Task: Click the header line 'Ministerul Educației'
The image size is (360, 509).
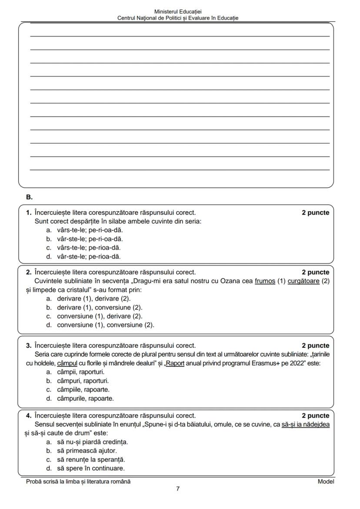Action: (178, 12)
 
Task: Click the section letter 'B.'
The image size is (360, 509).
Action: (29, 197)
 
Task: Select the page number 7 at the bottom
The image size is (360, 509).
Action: (178, 489)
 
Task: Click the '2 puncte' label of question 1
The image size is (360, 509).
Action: (315, 213)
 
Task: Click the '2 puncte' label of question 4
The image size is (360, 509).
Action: (315, 416)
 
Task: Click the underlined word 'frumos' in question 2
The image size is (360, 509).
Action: (265, 281)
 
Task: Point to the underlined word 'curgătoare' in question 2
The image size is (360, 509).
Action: (303, 281)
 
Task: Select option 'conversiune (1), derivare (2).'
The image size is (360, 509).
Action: (100, 316)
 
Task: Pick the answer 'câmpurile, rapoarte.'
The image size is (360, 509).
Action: (85, 398)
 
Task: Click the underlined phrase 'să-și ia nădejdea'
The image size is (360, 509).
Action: (305, 424)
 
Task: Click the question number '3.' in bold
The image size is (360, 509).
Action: (28, 346)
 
